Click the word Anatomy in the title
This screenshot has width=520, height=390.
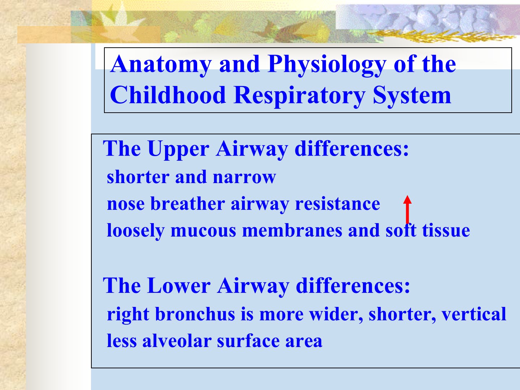coord(161,64)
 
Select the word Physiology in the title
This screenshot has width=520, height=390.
coord(327,64)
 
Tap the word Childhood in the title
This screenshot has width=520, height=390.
coord(168,95)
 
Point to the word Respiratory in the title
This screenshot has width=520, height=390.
coord(299,96)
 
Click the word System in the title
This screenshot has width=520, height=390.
coord(412,96)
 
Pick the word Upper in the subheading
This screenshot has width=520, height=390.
coord(178,149)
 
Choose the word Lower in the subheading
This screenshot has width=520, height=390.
coord(179,286)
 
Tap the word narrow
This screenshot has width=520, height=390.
coord(244,177)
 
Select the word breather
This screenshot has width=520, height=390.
coord(188,204)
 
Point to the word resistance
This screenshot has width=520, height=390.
coord(338,204)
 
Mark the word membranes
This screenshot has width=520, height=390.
coord(292,230)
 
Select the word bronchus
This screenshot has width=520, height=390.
coord(195,314)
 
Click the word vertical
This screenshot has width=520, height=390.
coord(474,314)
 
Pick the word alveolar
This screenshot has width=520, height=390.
coord(177,341)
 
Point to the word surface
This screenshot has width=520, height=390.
coord(248,341)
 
